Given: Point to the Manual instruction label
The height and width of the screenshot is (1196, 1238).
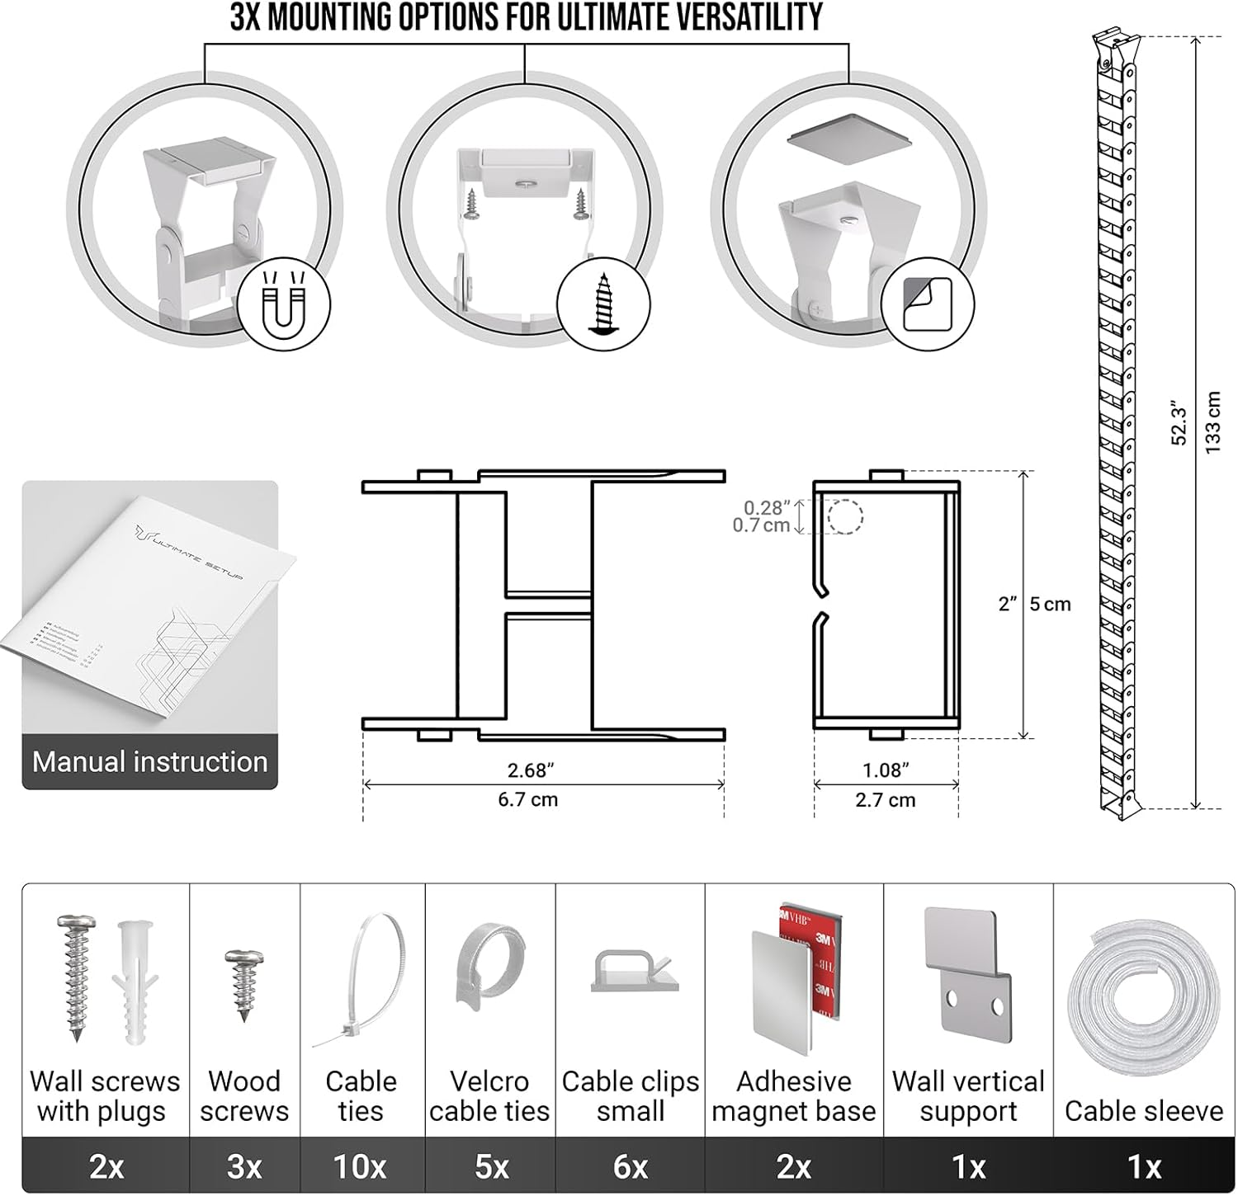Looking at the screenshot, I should pos(149,761).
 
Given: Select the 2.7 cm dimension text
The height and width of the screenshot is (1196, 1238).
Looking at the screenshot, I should pos(885,800).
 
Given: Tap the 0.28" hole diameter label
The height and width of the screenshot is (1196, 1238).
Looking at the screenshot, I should pos(767,508).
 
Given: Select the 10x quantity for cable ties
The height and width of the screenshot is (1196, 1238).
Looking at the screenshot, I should pos(360,1166).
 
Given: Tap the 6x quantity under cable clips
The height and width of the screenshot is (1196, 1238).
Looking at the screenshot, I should pos(630,1166).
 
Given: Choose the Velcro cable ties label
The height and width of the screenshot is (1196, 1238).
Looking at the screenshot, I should pos(489,1096).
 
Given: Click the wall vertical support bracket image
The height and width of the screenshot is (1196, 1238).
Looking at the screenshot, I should pos(967,977).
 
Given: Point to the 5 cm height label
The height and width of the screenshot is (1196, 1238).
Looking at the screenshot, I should pos(1050,605).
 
